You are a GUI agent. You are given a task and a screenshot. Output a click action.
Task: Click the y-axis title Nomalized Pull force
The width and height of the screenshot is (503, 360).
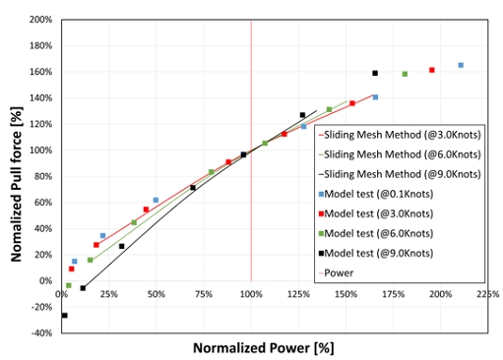point(18,175)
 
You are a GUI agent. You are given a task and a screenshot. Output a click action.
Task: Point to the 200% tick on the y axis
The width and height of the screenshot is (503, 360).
point(40,20)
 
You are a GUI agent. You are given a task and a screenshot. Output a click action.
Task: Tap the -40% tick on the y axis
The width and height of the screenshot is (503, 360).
point(40,333)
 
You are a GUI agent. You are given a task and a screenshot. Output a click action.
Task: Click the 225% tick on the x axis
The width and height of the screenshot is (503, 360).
point(487,293)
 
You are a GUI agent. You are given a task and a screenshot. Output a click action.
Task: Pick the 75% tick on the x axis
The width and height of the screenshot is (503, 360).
point(203,293)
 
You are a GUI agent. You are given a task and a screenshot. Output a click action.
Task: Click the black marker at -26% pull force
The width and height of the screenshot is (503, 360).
point(64,315)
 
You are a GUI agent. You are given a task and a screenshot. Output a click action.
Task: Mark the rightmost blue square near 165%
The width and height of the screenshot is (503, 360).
point(461,65)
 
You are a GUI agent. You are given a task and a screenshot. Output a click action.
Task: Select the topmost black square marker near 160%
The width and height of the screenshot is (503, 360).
point(375,73)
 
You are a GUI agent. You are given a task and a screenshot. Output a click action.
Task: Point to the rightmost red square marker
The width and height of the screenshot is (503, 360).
point(432,70)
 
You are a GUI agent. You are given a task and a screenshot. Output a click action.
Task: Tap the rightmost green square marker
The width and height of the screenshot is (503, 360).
point(405,74)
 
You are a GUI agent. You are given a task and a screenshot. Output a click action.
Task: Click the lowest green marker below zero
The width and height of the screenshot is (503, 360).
point(68,285)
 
